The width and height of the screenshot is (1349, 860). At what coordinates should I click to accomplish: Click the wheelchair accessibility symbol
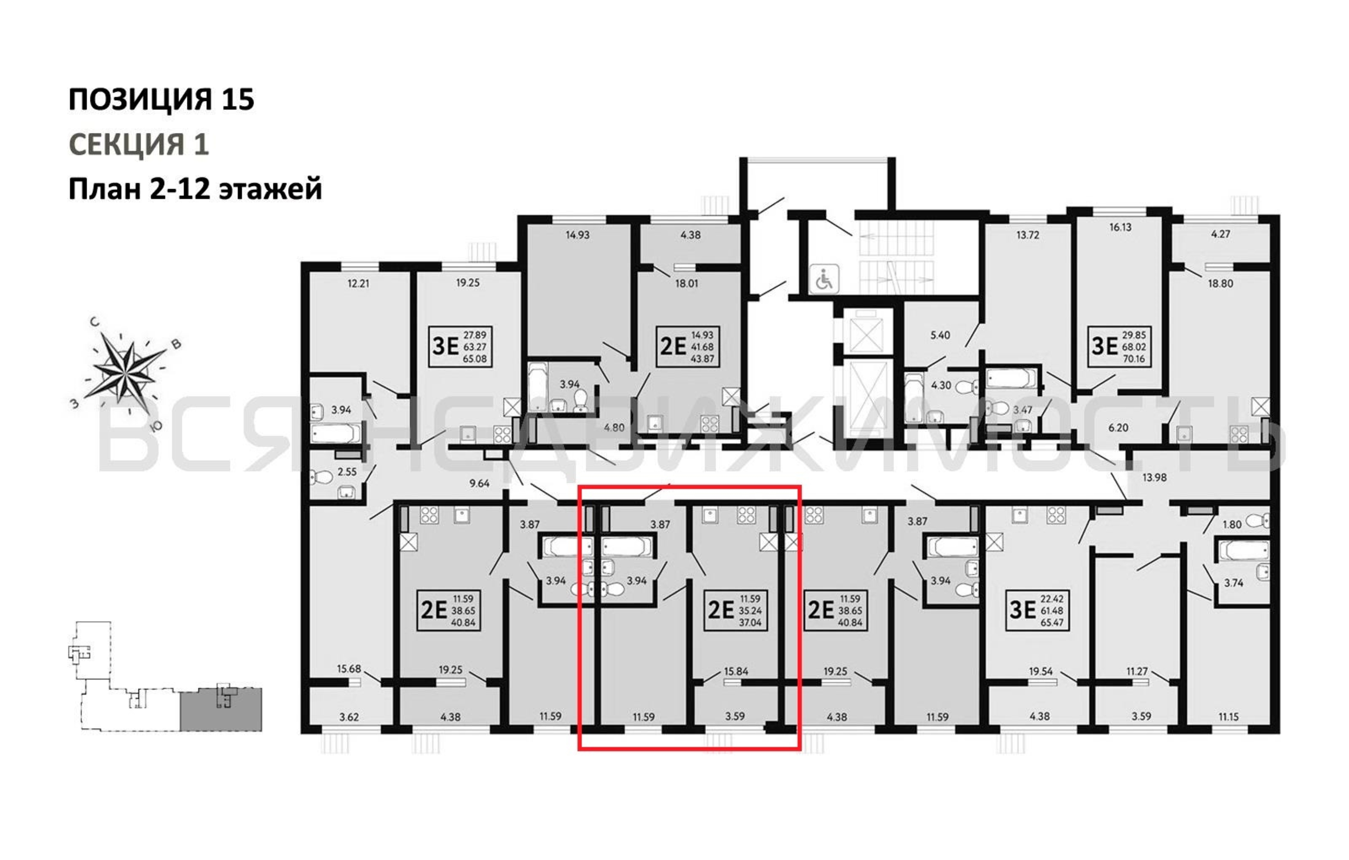point(824,279)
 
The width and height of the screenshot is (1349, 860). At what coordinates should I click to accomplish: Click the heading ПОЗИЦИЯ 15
point(161,99)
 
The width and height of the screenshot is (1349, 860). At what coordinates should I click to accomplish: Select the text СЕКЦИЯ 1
point(139,144)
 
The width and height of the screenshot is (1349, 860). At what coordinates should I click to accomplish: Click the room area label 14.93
point(578,235)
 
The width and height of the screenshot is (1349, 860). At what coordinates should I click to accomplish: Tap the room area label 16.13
point(1120,227)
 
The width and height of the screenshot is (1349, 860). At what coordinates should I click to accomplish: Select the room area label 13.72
point(1027,235)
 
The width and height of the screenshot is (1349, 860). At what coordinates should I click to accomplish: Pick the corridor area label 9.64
point(479,483)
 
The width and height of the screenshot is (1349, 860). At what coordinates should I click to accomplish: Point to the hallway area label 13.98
point(1155,477)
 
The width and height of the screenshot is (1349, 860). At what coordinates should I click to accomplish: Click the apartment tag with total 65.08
point(461,347)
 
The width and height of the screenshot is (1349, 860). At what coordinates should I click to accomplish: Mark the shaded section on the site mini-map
point(221,710)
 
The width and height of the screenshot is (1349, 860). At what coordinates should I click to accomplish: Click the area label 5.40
point(940,335)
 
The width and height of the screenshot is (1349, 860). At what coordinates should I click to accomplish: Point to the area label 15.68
point(349,669)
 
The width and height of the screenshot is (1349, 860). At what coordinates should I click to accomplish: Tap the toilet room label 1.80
point(1232,525)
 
